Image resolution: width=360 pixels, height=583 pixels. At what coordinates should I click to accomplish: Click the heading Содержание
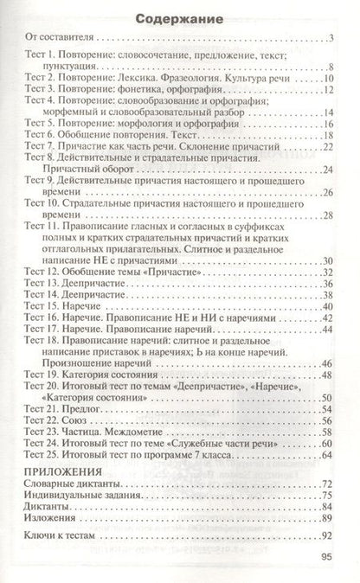[x=180, y=17]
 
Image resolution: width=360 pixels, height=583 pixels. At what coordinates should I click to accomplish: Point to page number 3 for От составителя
[x=331, y=39]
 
